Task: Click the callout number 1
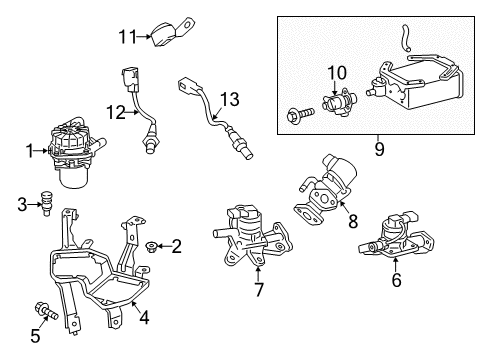coord(30,152)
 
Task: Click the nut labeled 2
coord(151,245)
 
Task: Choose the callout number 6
coord(395,282)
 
